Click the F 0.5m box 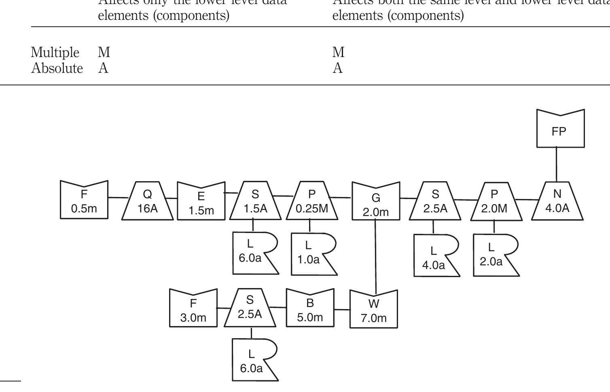[84, 201]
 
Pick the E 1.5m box [201, 203]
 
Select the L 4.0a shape [434, 256]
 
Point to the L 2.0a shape [492, 254]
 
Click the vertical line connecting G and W [376, 255]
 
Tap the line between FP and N [557, 164]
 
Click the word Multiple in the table [55, 53]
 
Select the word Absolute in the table [57, 68]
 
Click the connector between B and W [342, 309]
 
